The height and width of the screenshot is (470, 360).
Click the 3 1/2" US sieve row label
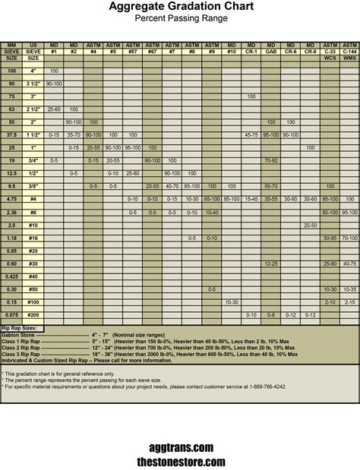33,83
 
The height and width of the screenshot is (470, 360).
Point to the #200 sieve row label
33,314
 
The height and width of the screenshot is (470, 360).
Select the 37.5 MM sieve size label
11,134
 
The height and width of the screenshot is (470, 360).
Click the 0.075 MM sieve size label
11,314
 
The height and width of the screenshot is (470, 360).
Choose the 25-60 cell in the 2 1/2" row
54,109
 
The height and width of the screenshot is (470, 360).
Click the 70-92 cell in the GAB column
271,160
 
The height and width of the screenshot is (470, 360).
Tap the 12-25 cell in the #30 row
271,263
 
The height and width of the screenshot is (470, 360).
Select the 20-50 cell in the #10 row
310,225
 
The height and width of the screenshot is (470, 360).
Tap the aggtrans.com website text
181,448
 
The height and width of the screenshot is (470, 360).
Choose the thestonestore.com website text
181,461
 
